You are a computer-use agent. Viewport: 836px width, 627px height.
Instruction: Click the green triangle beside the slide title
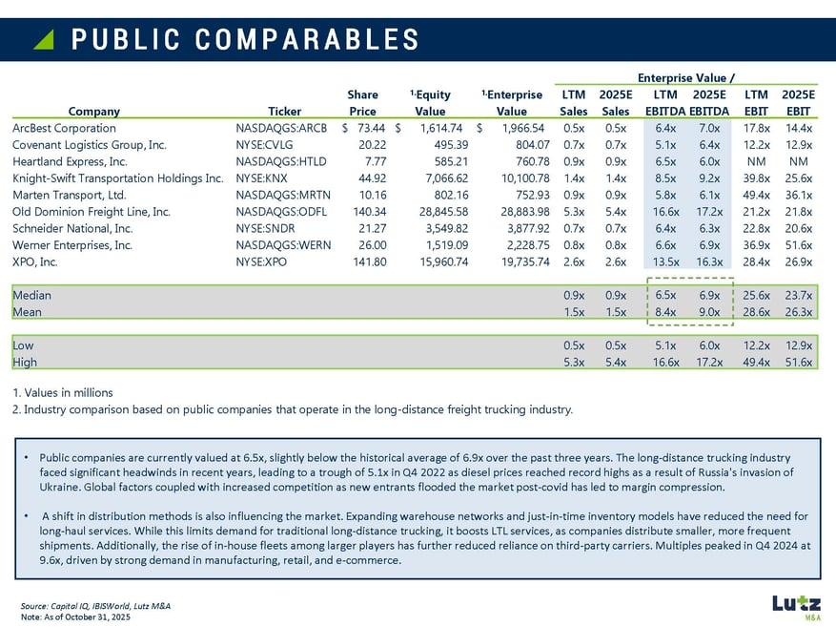(x=43, y=38)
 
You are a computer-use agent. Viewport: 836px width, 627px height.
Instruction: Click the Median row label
(x=31, y=296)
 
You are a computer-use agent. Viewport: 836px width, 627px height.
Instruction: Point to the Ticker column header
(x=284, y=111)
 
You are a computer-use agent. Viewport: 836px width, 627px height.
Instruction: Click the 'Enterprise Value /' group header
(x=691, y=78)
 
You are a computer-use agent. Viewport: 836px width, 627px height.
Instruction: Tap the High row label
(x=25, y=362)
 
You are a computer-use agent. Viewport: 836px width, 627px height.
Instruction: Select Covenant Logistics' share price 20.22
(x=372, y=145)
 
